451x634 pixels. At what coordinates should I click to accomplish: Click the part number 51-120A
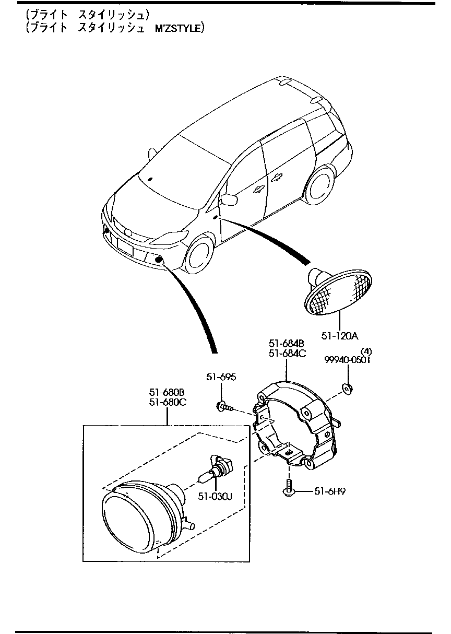click(x=340, y=335)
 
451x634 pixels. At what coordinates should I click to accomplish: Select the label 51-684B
click(x=287, y=344)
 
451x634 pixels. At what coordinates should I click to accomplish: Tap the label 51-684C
click(x=287, y=353)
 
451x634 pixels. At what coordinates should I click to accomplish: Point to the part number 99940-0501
click(x=347, y=360)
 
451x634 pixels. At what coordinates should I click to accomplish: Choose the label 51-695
click(x=221, y=377)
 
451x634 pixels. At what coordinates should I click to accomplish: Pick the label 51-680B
click(x=167, y=392)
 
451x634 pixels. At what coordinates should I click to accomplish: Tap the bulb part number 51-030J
click(x=215, y=496)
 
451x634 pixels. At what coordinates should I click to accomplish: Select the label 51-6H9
click(x=330, y=491)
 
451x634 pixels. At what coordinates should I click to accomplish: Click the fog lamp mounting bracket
click(x=295, y=423)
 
